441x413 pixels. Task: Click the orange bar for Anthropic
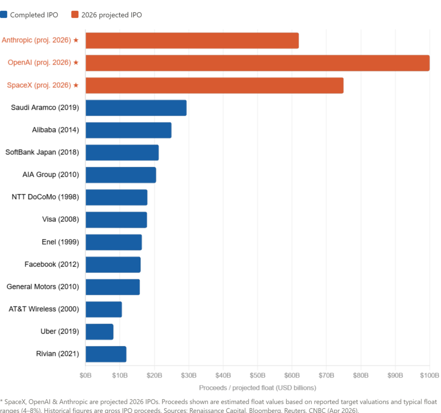[192, 40]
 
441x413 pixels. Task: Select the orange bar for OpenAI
[258, 63]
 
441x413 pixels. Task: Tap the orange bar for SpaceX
[214, 85]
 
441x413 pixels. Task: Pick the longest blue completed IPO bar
[136, 108]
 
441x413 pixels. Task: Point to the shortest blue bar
[99, 332]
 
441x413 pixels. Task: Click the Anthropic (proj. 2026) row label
[36, 40]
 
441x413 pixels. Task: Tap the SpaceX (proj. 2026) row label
[38, 85]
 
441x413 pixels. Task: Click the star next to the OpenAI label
[76, 63]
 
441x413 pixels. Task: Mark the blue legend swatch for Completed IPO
[4, 15]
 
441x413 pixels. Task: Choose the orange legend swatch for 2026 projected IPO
[75, 15]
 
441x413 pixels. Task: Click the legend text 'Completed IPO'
[34, 15]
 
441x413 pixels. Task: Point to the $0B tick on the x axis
[85, 375]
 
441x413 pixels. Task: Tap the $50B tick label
[258, 375]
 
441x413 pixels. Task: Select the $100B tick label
[430, 375]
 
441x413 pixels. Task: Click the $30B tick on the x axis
[189, 375]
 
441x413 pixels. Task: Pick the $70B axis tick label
[326, 375]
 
